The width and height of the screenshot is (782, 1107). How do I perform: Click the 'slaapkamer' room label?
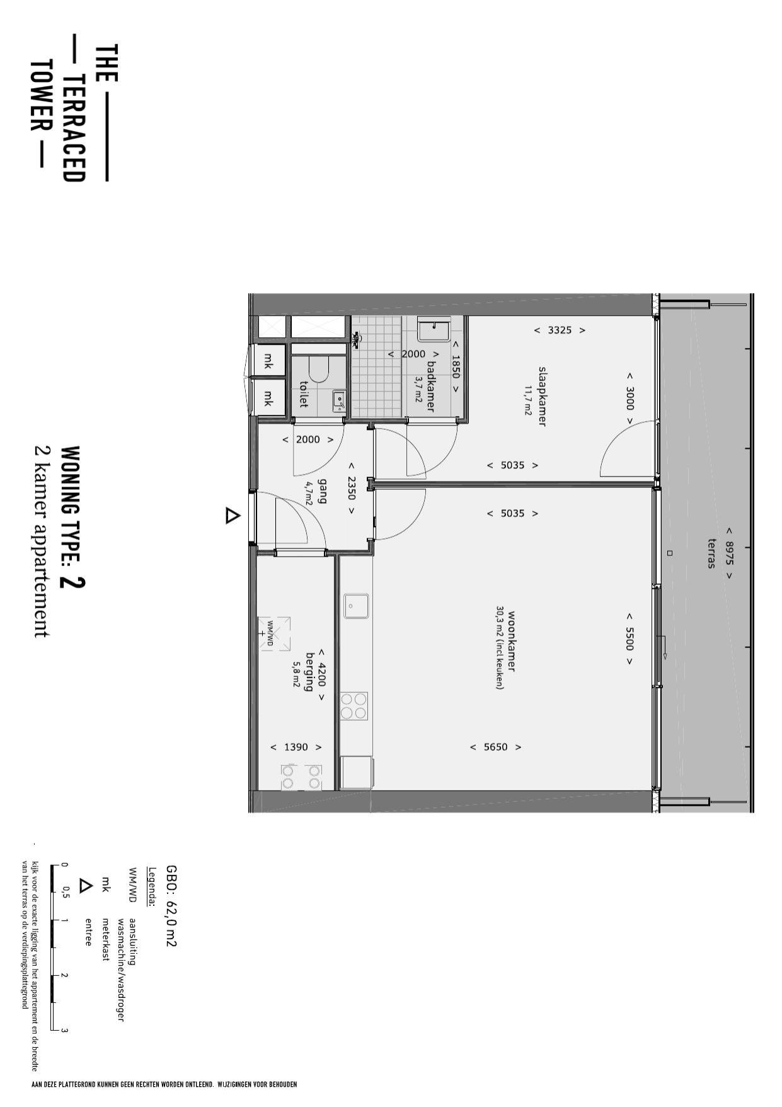pos(541,397)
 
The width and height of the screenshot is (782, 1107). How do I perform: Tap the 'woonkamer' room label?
pos(511,642)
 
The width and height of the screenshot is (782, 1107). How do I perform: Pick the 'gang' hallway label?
pos(323,491)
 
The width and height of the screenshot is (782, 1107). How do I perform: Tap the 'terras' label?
pos(712,553)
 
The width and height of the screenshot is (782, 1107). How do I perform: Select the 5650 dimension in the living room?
pos(495,747)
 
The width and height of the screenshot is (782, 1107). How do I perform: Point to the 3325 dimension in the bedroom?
pos(560,330)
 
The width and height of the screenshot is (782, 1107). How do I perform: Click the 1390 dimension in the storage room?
pos(296,747)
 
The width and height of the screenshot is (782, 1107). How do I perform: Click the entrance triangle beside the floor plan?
pos(233,516)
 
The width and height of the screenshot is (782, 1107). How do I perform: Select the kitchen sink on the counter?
pos(356,606)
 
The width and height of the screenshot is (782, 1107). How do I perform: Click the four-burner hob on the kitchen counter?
pos(354,705)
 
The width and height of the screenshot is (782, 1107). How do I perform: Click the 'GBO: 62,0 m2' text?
pos(171,906)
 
